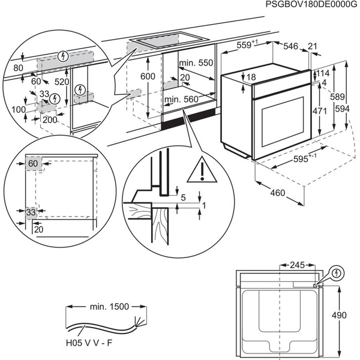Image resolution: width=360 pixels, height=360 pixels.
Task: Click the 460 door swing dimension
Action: tap(277, 193)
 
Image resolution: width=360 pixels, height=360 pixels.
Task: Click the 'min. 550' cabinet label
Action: tap(196, 63)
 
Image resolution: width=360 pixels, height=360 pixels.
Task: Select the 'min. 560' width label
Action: tap(181, 99)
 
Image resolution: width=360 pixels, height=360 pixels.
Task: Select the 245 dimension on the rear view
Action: tap(296, 265)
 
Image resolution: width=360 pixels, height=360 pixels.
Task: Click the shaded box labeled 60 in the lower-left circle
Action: tap(32, 163)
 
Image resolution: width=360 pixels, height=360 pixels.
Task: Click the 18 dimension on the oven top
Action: tap(250, 77)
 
